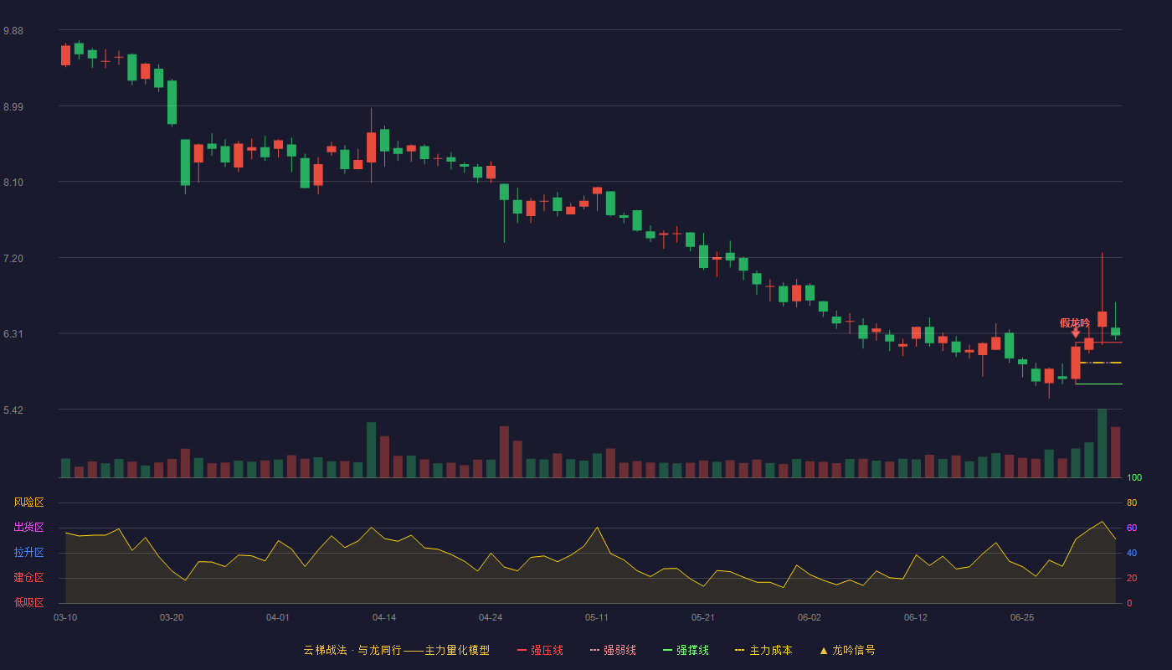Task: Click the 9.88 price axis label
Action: point(13,31)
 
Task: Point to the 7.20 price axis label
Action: point(13,259)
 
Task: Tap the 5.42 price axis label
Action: point(13,410)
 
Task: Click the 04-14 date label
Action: point(384,618)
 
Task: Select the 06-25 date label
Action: point(1022,618)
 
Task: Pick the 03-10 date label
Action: point(65,618)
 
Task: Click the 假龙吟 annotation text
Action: point(1075,323)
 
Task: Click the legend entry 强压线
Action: point(540,650)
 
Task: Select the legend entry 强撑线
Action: point(686,650)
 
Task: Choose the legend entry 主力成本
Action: point(763,650)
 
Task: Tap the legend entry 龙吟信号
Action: point(847,650)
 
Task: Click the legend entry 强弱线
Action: point(613,650)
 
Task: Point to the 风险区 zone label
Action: point(28,502)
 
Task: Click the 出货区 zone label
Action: point(28,527)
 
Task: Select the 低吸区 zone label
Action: point(28,602)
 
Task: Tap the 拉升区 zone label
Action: point(28,552)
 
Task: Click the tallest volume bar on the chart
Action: point(1102,443)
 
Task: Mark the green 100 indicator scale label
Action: point(1134,477)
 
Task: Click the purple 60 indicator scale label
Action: point(1132,528)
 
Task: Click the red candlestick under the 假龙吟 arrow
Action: point(1076,362)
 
